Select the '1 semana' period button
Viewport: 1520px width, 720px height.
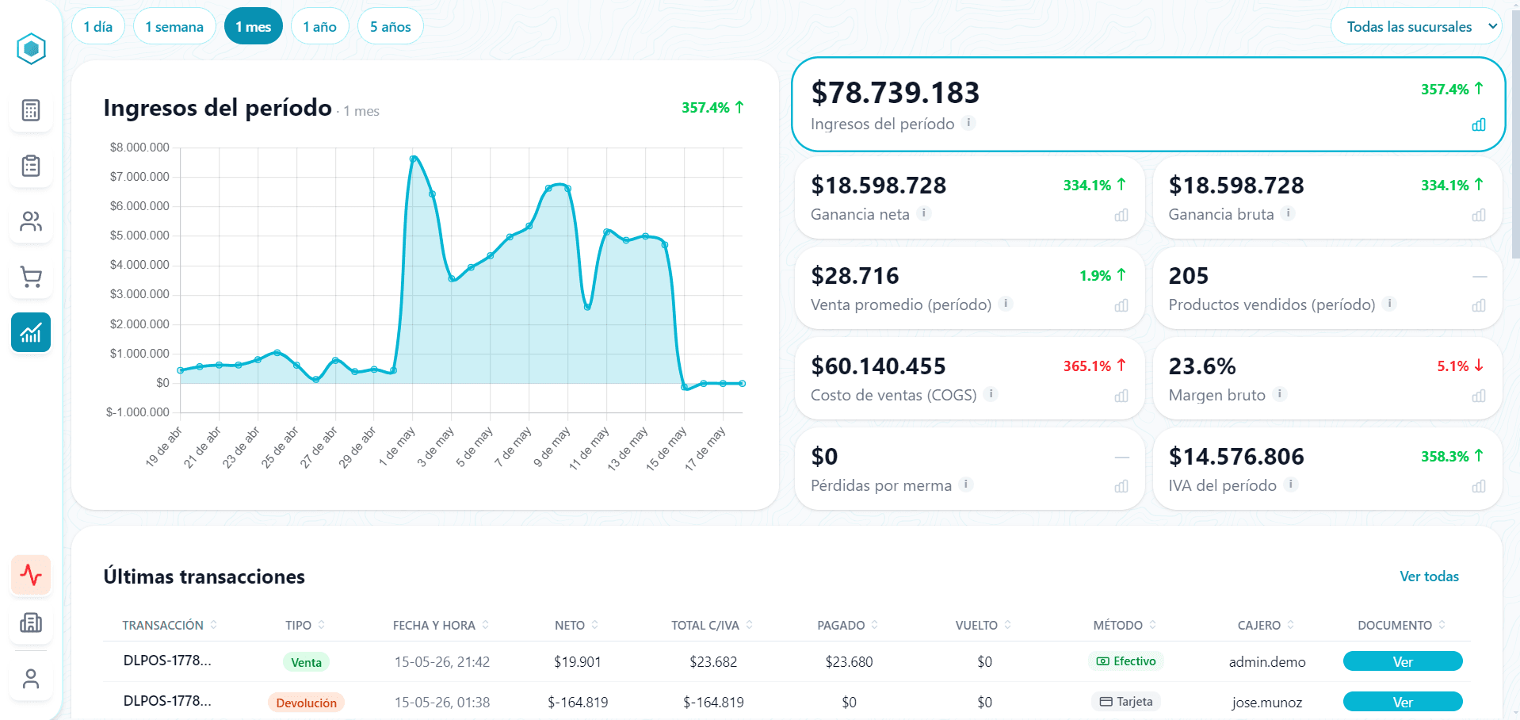(174, 27)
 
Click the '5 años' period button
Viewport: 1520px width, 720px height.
(390, 27)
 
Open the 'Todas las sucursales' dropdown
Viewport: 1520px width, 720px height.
(1416, 27)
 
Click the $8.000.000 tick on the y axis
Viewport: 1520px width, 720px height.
(139, 147)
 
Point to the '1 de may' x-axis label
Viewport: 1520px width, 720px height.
(396, 446)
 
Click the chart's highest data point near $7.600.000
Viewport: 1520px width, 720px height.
(413, 159)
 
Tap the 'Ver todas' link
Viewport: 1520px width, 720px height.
(1429, 576)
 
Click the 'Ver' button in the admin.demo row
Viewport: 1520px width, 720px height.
(1403, 661)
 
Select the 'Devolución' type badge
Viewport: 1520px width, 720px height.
(306, 703)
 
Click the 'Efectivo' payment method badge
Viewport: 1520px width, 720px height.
(1126, 661)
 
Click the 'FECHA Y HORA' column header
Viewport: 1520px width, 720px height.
(434, 626)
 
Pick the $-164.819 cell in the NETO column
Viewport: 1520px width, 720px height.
(578, 703)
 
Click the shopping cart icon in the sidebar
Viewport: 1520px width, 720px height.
(31, 277)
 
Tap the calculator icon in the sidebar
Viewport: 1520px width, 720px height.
(31, 110)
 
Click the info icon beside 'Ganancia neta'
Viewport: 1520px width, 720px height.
(923, 213)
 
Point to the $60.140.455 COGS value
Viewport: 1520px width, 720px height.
(878, 366)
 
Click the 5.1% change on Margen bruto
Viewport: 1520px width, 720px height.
(1453, 366)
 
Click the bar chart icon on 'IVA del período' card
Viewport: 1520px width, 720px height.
(1479, 486)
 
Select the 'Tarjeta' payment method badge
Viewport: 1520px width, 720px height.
(1126, 702)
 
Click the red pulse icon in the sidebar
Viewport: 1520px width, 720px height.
(31, 574)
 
